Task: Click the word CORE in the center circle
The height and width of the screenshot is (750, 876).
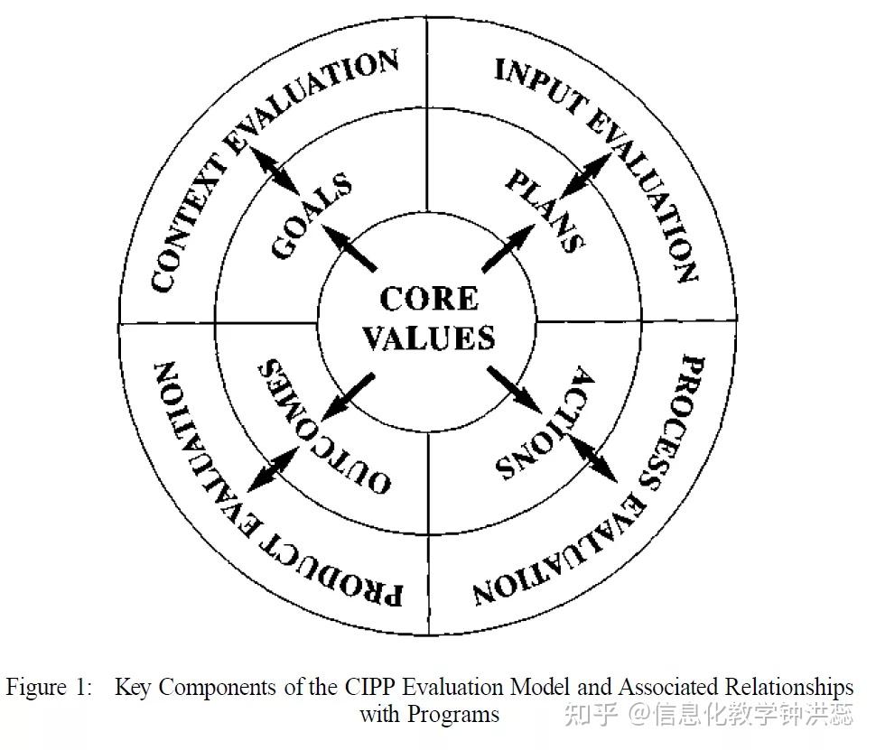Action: pyautogui.click(x=429, y=299)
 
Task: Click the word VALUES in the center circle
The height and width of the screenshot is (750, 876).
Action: pyautogui.click(x=429, y=338)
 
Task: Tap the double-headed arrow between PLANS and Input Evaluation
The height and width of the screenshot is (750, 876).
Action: pyautogui.click(x=586, y=172)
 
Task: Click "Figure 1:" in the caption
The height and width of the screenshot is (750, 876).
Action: pyautogui.click(x=49, y=688)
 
